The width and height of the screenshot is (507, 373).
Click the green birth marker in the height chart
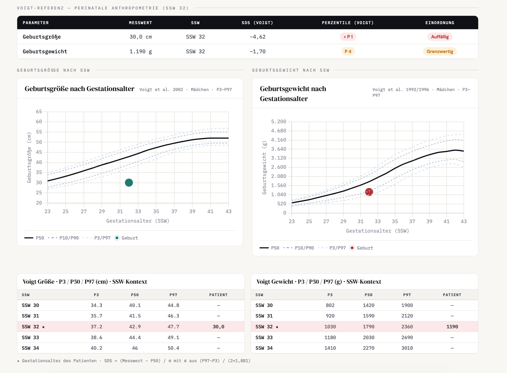(x=129, y=183)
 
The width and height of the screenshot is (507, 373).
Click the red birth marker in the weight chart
(x=369, y=192)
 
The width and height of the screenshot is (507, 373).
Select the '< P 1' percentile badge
(x=348, y=37)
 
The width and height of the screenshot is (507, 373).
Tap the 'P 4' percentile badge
(x=348, y=51)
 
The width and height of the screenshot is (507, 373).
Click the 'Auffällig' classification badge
(x=440, y=37)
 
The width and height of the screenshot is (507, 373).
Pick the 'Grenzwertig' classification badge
(x=440, y=51)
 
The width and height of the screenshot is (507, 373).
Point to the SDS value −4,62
(x=257, y=37)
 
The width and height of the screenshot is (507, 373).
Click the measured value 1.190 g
(x=141, y=51)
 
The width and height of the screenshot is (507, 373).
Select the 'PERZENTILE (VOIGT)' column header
(x=348, y=23)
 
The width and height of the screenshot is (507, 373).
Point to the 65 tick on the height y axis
(x=39, y=112)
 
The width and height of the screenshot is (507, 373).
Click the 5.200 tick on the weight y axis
(x=279, y=122)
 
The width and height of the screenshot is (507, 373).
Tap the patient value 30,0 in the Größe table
(x=218, y=327)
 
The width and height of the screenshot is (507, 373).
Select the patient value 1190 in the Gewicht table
(x=452, y=327)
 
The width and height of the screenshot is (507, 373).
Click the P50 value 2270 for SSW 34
(x=368, y=348)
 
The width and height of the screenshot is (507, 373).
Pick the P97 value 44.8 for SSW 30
(x=173, y=305)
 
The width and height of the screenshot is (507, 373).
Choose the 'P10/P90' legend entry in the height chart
(x=63, y=238)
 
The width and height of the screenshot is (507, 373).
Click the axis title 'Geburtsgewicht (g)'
(x=264, y=168)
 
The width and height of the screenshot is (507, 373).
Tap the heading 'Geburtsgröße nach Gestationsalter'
(x=80, y=89)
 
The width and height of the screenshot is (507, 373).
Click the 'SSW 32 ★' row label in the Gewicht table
(x=267, y=327)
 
